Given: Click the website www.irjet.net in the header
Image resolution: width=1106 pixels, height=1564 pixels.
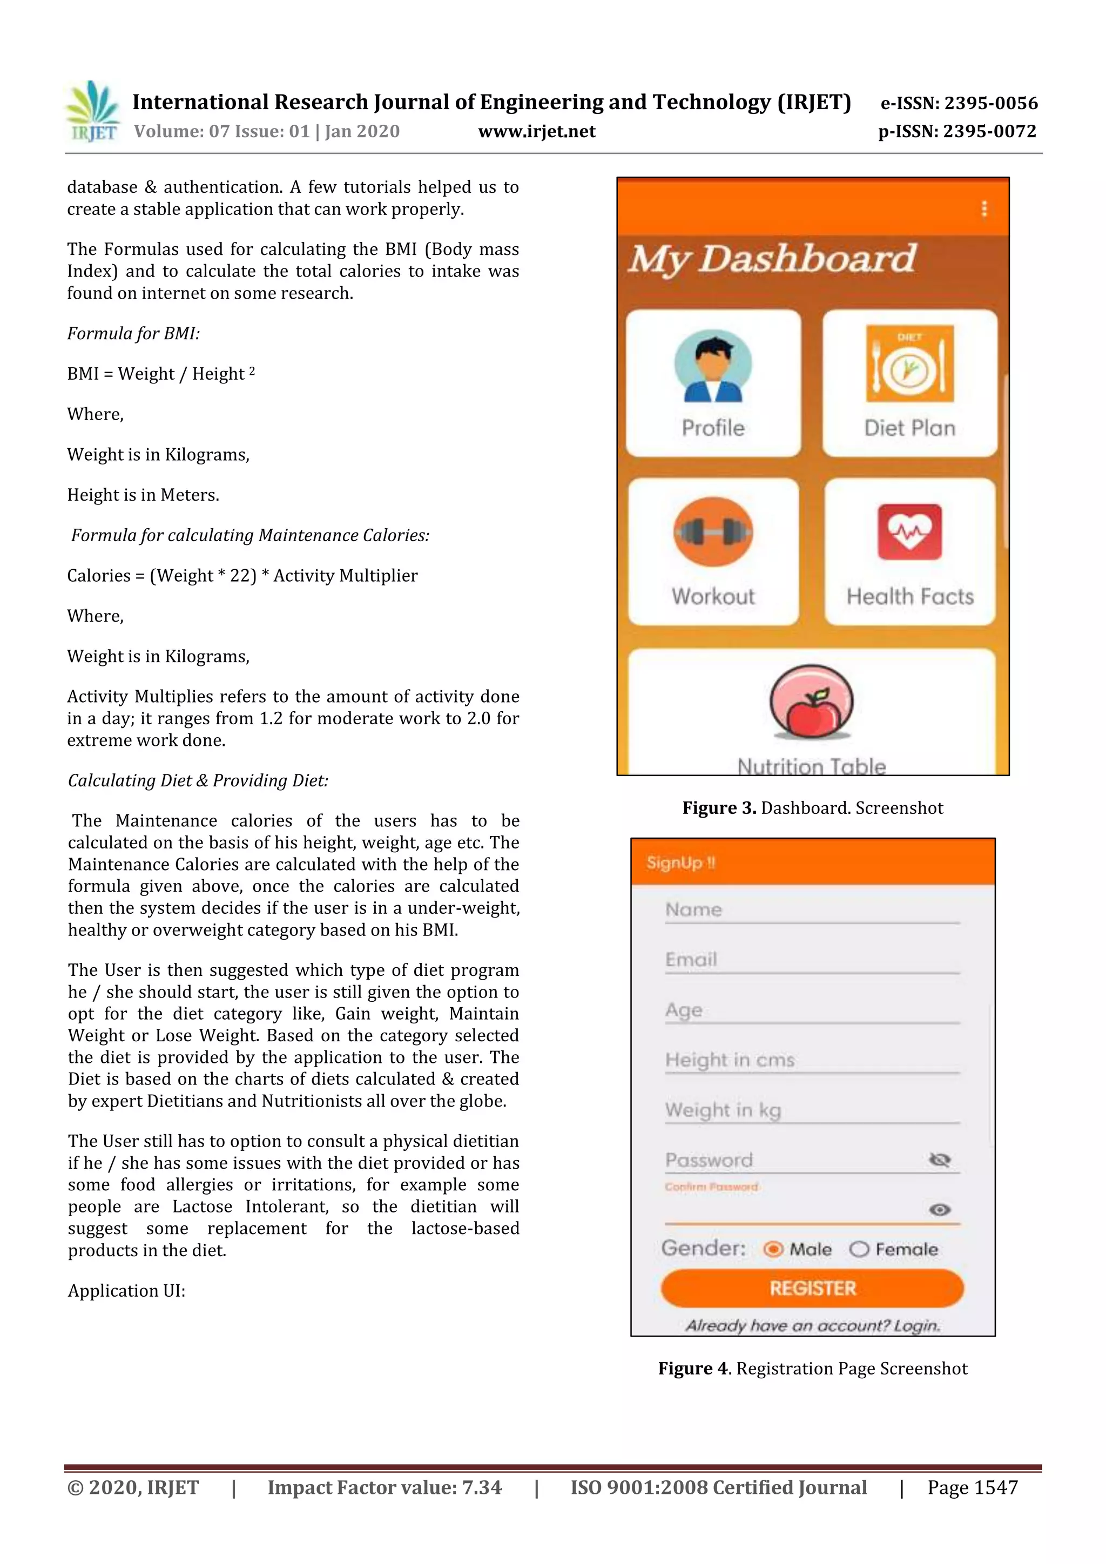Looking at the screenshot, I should tap(537, 131).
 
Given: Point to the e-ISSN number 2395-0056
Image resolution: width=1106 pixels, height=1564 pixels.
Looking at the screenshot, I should tap(990, 104).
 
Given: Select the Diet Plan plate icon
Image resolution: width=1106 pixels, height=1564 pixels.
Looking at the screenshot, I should tap(909, 364).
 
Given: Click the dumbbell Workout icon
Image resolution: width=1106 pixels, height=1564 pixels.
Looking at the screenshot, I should tap(713, 532).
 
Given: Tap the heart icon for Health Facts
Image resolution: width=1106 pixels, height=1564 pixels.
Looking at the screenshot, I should tap(910, 532).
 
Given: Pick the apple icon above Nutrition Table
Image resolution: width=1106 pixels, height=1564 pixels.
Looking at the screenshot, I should tap(811, 702).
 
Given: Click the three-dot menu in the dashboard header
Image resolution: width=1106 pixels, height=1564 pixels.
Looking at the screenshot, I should tap(983, 208).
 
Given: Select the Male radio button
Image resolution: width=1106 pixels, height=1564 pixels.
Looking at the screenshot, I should tap(773, 1249).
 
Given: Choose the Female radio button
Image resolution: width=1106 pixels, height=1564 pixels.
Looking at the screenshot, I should tap(859, 1249).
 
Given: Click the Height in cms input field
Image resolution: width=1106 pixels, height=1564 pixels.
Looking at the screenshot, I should tap(811, 1061).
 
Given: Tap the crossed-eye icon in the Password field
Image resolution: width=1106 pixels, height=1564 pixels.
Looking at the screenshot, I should tap(940, 1160).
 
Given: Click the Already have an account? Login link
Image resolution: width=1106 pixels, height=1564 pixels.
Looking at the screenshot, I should tap(812, 1326).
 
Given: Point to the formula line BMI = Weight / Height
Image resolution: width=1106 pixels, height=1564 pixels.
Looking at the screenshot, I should tap(161, 374).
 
